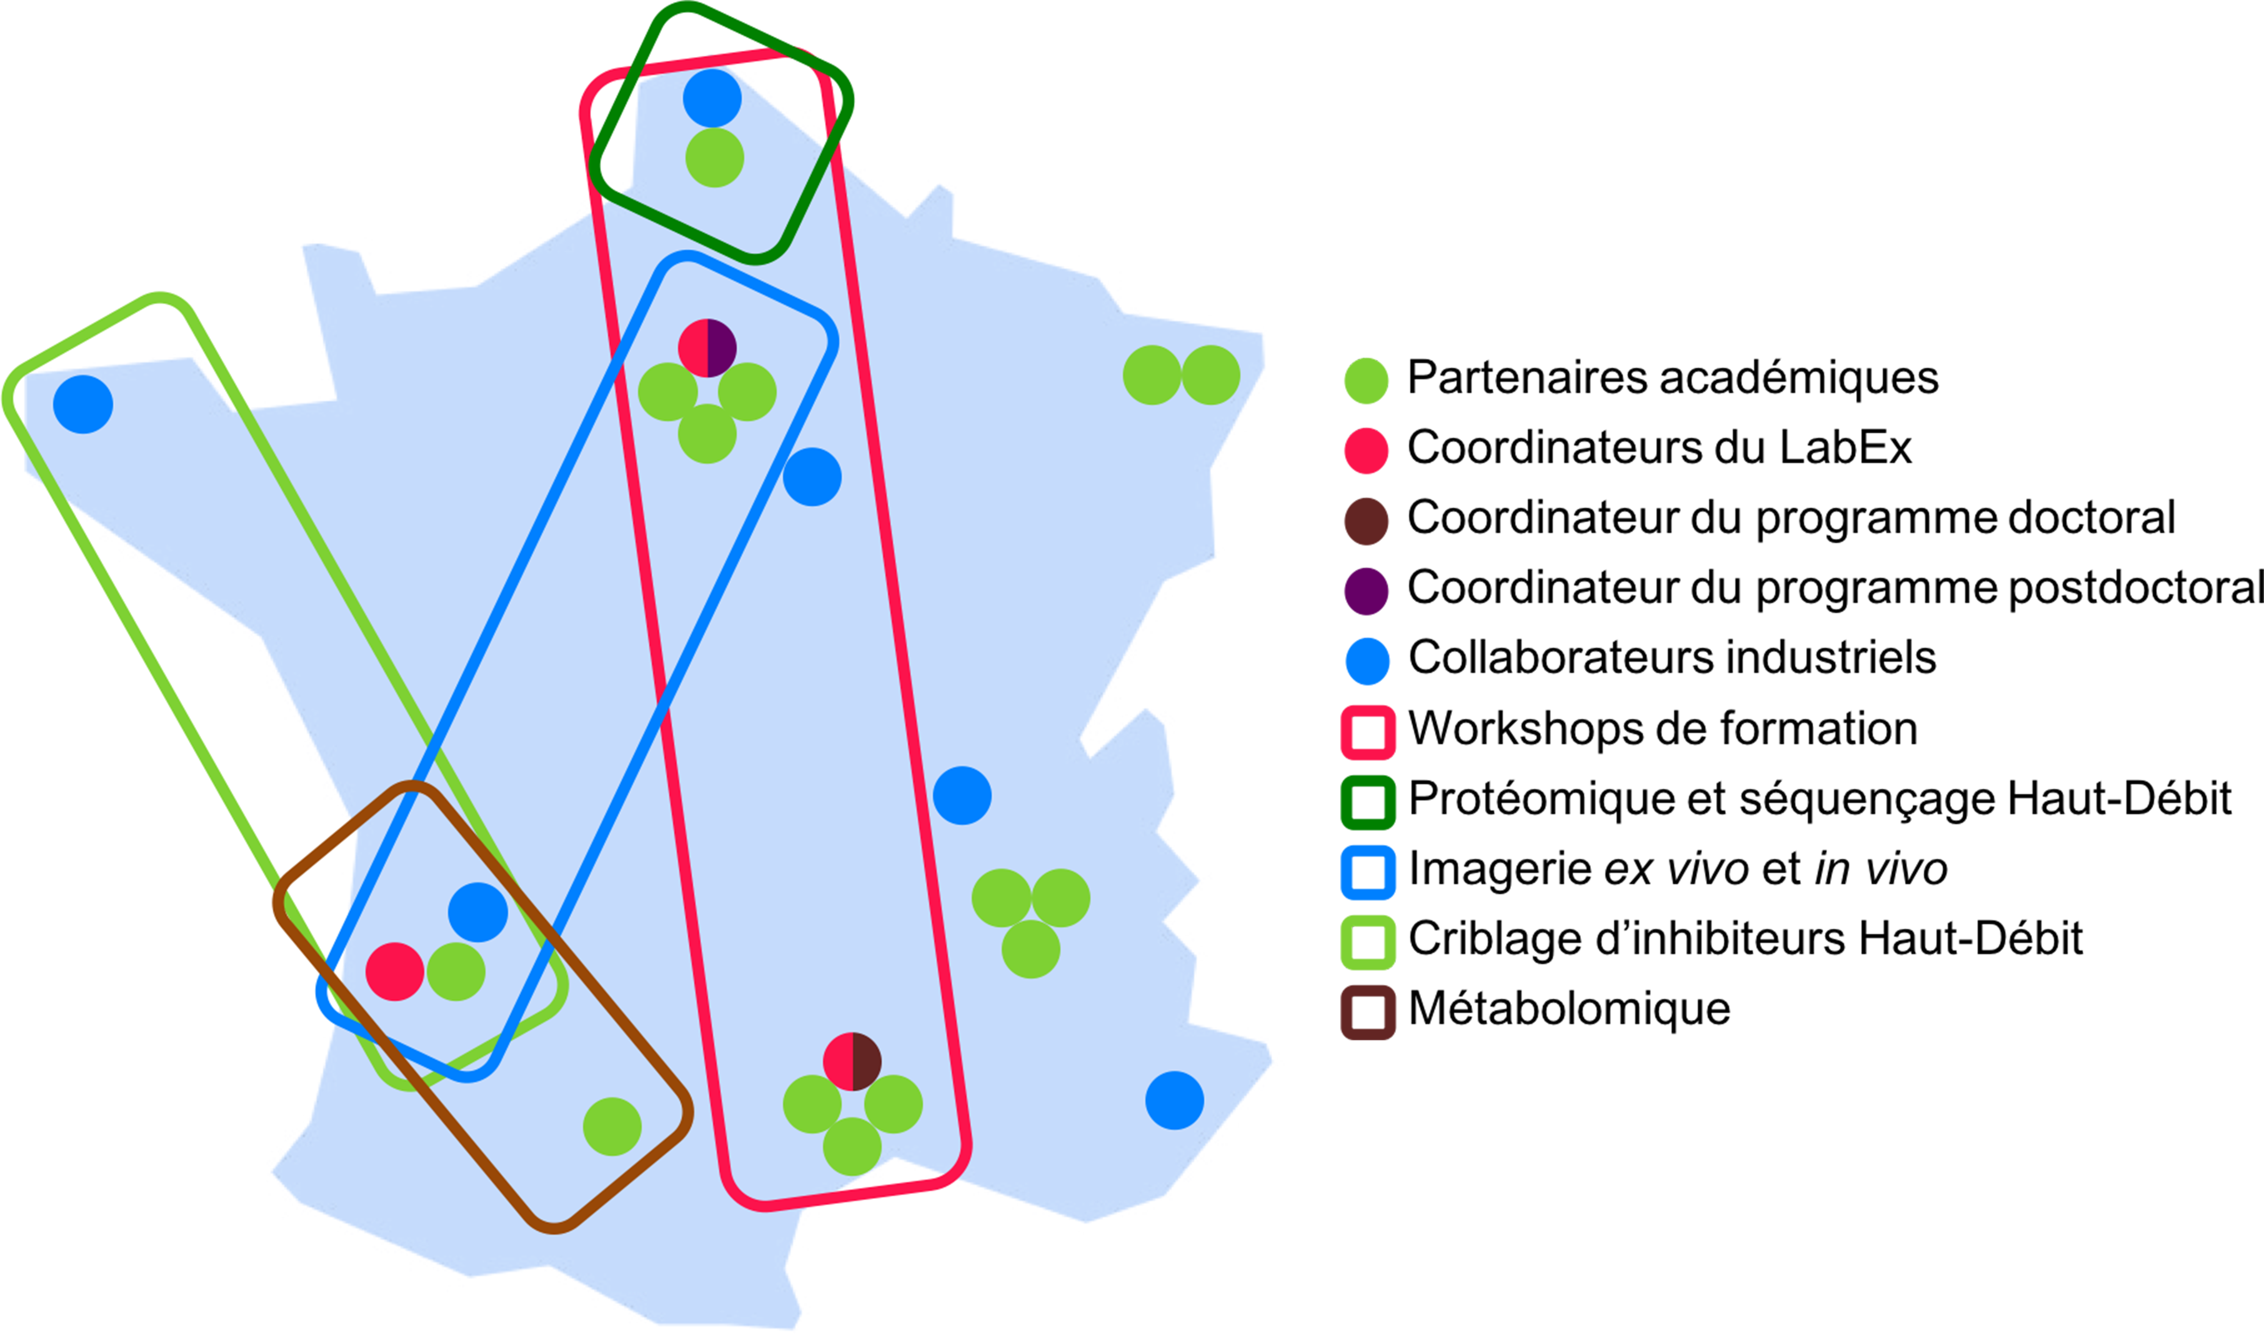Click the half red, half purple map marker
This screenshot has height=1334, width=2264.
pos(707,348)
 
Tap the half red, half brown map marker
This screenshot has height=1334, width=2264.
pos(852,1061)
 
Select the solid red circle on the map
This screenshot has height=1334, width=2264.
pos(394,972)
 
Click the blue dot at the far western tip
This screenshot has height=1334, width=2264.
pos(82,404)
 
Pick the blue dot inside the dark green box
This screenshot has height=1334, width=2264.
pos(712,98)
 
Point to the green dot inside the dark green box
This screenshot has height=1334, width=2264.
pos(714,158)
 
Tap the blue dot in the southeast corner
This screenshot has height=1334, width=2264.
pos(1174,1100)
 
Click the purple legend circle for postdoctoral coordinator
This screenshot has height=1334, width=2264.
pos(1366,590)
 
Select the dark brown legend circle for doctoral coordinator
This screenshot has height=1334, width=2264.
pos(1366,520)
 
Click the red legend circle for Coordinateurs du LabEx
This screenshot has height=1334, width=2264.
pos(1366,450)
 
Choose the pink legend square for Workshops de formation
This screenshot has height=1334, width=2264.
pos(1368,732)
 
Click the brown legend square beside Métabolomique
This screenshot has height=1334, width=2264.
pos(1368,1012)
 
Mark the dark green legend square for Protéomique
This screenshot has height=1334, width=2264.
pos(1368,802)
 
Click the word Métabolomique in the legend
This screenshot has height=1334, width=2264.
pos(1569,1008)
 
